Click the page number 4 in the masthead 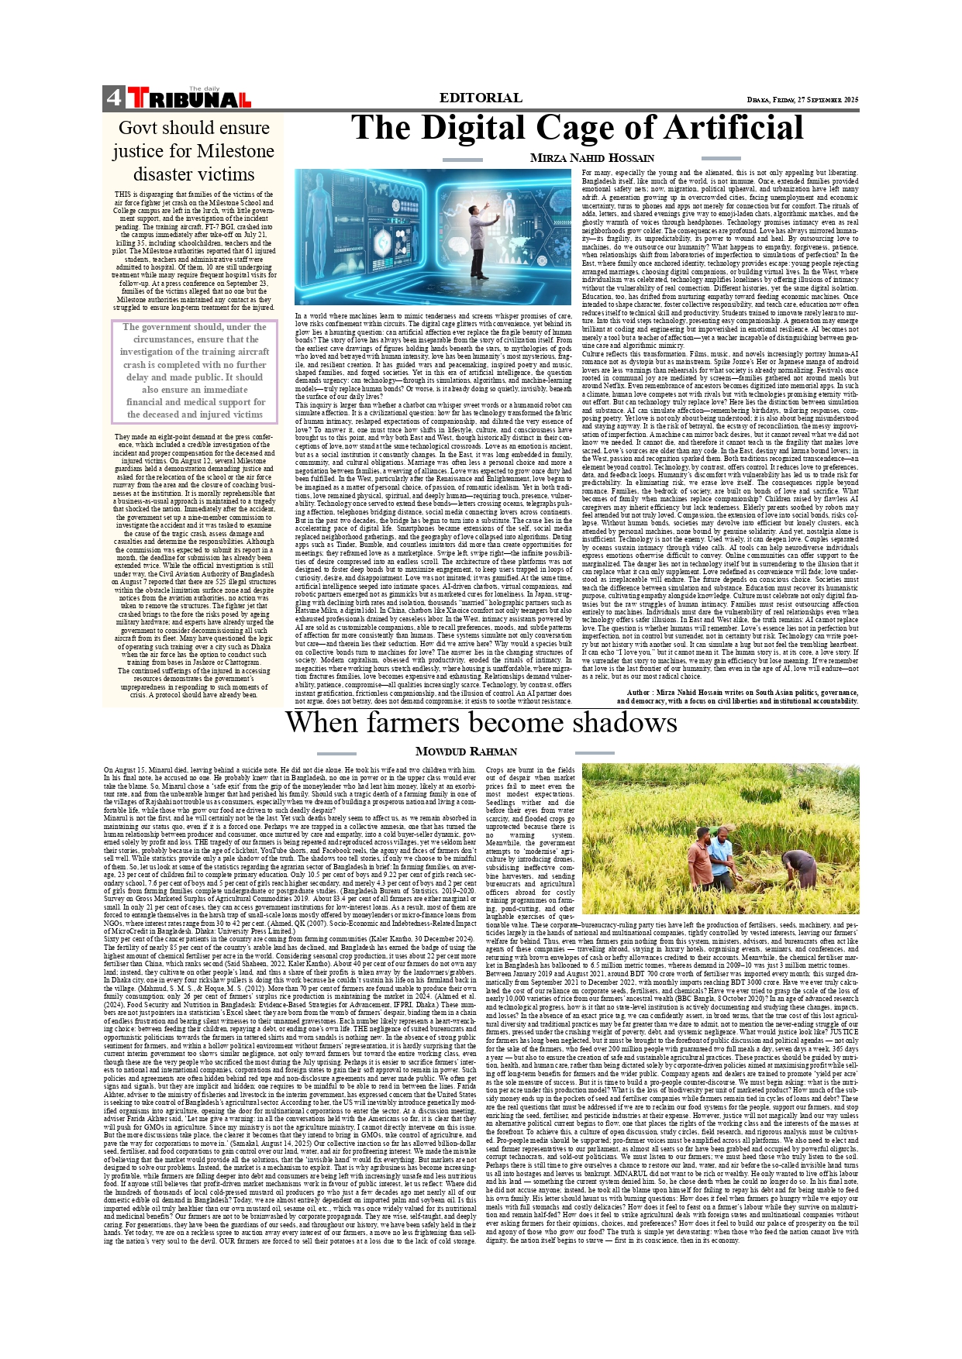(x=113, y=98)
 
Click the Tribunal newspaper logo (x=189, y=98)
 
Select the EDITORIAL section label (x=481, y=98)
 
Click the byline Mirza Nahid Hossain (x=592, y=158)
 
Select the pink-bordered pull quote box (x=194, y=371)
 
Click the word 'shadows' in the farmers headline (x=625, y=722)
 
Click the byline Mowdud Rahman (x=466, y=752)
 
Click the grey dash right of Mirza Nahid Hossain (x=720, y=159)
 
